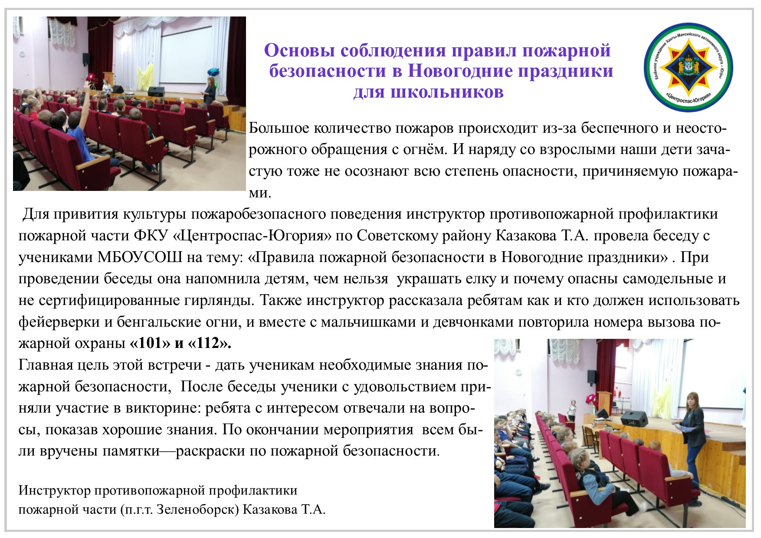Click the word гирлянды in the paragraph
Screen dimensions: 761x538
pos(223,300)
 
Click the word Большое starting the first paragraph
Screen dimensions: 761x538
pos(279,128)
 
